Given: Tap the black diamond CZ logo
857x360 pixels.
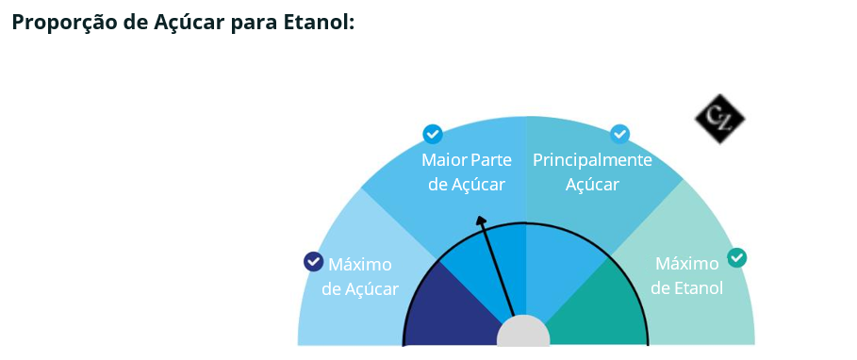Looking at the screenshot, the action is (x=719, y=119).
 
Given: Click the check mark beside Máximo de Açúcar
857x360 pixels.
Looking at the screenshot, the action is (x=313, y=262).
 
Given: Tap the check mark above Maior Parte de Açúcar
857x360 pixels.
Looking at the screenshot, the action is (x=433, y=134).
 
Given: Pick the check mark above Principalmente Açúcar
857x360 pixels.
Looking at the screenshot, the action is (x=619, y=134).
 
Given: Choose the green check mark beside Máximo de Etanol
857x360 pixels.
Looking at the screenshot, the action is (x=736, y=258).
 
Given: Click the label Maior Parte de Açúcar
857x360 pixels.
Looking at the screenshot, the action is (x=467, y=172).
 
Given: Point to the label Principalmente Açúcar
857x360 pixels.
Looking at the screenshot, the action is (x=592, y=172).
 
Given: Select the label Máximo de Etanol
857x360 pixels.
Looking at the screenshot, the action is (x=687, y=275).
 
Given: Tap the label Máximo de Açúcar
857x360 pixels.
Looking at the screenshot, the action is (x=360, y=276).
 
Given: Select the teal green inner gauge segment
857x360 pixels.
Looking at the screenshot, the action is (x=599, y=309).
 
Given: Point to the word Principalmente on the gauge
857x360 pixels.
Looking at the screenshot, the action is (x=592, y=161).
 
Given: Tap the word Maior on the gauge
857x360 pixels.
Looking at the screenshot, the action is (x=441, y=160).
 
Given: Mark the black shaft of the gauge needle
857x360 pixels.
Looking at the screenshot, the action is (x=496, y=267).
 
